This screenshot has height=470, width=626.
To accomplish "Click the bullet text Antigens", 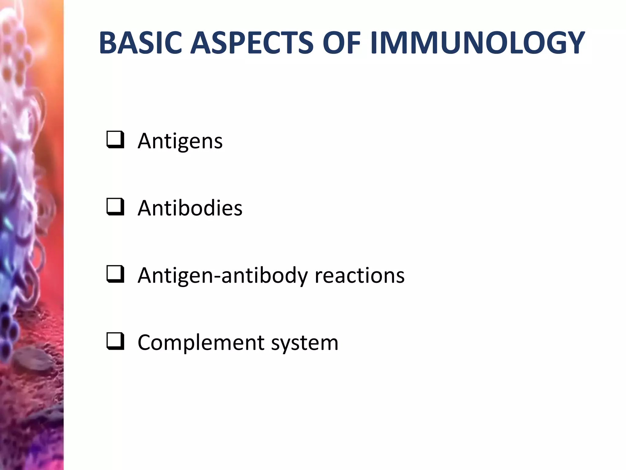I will [180, 141].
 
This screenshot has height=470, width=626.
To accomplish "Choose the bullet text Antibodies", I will [190, 208].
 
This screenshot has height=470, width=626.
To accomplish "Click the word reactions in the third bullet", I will [359, 275].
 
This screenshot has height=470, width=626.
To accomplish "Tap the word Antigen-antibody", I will [223, 275].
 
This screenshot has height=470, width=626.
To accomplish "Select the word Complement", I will [201, 342].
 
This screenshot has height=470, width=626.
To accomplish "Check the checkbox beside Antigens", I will [115, 140].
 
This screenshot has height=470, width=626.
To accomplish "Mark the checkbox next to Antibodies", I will [115, 207].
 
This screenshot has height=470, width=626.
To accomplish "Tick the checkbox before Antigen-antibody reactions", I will [115, 274].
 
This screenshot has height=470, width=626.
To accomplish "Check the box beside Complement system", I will [115, 341].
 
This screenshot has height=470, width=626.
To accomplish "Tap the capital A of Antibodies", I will [145, 208].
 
